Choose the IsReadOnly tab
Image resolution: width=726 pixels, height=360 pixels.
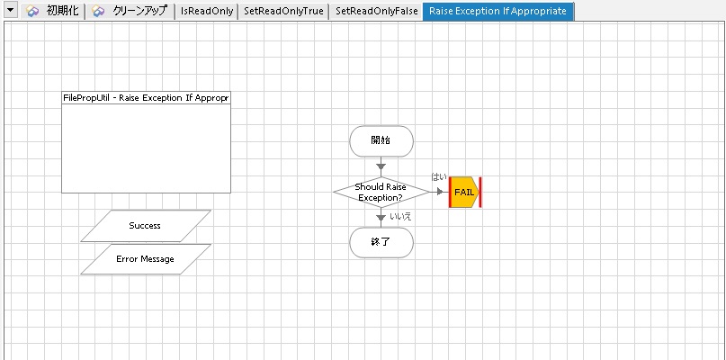[207, 12]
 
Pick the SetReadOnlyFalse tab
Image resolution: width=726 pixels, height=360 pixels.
[376, 12]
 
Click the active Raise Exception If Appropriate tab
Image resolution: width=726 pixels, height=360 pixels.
[497, 12]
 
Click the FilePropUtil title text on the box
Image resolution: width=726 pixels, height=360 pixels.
[146, 97]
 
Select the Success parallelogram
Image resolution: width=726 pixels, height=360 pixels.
[145, 226]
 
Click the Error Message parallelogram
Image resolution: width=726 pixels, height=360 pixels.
[145, 259]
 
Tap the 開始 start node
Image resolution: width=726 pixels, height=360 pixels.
[381, 140]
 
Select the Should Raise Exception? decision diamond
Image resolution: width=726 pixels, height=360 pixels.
[381, 192]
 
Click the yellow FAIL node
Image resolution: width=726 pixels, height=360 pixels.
[464, 192]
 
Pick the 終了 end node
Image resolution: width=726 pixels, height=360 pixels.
[381, 242]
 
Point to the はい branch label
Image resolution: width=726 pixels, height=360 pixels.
[439, 177]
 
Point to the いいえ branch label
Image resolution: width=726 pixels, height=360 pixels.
[400, 216]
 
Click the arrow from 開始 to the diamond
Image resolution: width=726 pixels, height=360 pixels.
[381, 166]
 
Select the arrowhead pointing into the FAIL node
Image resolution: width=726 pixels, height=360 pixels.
[441, 192]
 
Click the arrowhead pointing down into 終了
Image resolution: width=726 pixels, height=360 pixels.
[381, 217]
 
